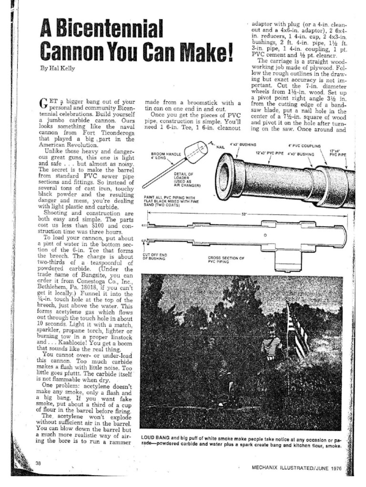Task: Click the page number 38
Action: coord(39,464)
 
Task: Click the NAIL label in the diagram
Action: coord(221,147)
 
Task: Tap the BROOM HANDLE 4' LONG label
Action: coord(164,156)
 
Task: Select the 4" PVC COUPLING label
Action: coord(304,146)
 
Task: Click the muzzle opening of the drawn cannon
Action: coord(224,176)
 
